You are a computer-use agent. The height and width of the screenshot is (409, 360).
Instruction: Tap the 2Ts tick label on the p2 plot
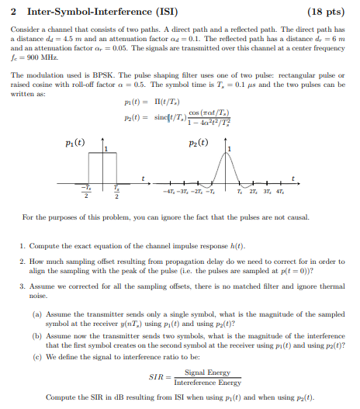click(254, 191)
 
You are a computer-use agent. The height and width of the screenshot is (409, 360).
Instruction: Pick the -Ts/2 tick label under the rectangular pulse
click(88, 192)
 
